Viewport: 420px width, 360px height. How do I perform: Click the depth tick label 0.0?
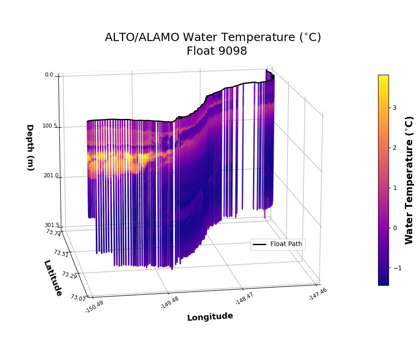click(49, 75)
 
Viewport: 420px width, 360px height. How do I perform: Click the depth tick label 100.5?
click(50, 126)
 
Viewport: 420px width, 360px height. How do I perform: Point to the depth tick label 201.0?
click(51, 176)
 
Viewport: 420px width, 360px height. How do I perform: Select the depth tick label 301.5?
click(52, 225)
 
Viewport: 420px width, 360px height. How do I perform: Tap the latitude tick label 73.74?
click(53, 233)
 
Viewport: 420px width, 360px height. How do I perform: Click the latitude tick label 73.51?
click(61, 253)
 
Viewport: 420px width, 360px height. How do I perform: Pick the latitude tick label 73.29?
click(69, 275)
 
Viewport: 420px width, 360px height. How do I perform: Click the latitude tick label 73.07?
click(78, 298)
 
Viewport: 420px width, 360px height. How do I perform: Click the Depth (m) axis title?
click(30, 147)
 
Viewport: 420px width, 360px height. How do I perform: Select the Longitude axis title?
click(210, 317)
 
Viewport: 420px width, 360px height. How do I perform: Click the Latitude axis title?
click(53, 278)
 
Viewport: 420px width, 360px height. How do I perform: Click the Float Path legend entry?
click(285, 244)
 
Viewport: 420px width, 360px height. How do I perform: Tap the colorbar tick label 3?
click(394, 108)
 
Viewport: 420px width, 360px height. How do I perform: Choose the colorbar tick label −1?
click(393, 268)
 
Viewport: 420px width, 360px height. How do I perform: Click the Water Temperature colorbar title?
click(409, 180)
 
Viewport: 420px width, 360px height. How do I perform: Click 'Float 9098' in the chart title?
click(217, 51)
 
